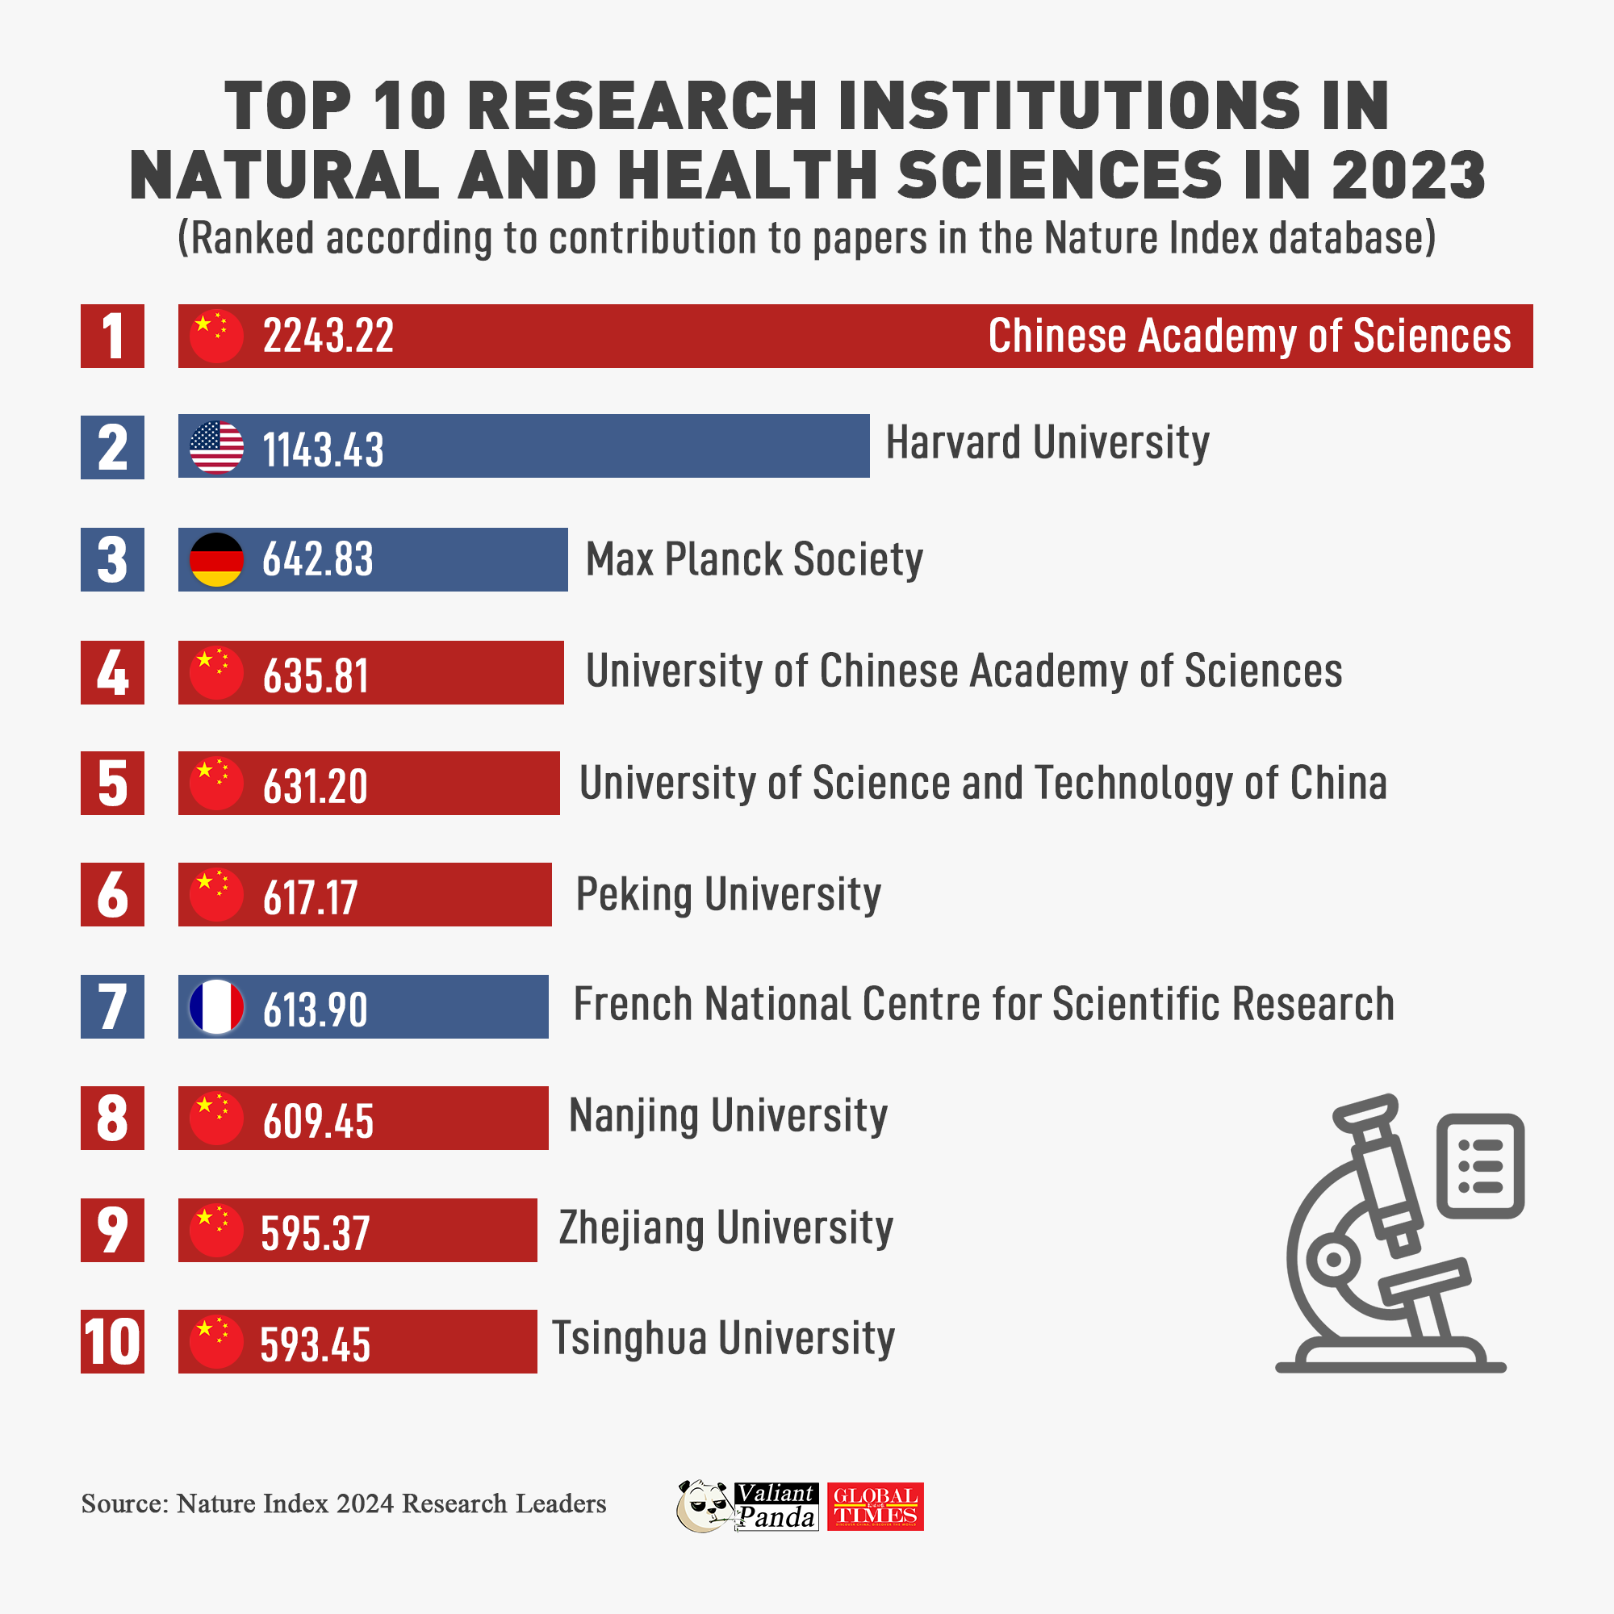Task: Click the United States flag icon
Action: (x=216, y=447)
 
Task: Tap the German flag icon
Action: (x=216, y=559)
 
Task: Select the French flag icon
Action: (x=216, y=1006)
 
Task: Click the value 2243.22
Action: (x=328, y=336)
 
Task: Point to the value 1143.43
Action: (x=324, y=449)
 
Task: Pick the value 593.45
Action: (x=315, y=1344)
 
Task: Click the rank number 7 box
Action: (x=112, y=1006)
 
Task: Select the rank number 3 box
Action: (x=112, y=559)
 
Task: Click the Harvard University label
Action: (x=1047, y=442)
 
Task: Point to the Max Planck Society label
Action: (x=754, y=559)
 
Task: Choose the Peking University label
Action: (x=728, y=895)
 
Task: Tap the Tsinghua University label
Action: (x=722, y=1338)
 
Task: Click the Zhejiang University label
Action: (x=725, y=1228)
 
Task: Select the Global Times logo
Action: (x=875, y=1506)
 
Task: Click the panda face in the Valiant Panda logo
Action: (x=704, y=1506)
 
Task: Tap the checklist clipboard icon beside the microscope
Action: (x=1480, y=1165)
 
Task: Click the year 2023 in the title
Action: (x=1408, y=175)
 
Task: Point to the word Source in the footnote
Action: (x=123, y=1503)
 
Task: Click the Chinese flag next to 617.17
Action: (x=216, y=895)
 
